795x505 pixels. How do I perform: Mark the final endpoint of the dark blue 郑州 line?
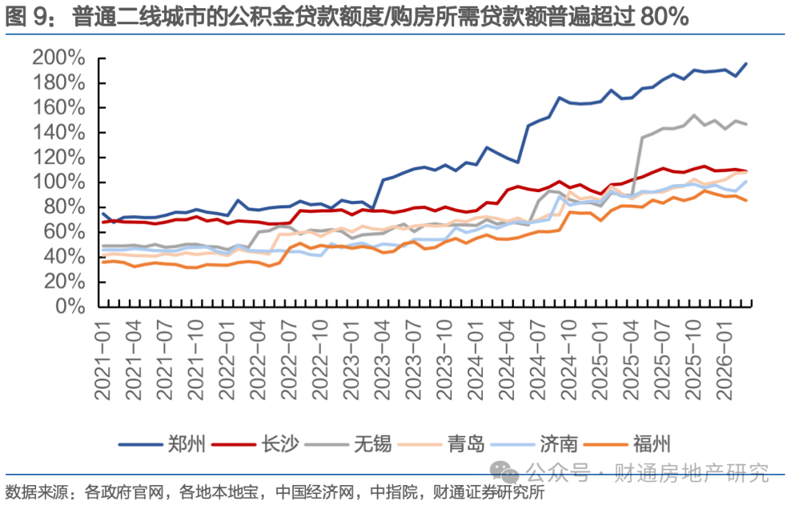pyautogui.click(x=747, y=63)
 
